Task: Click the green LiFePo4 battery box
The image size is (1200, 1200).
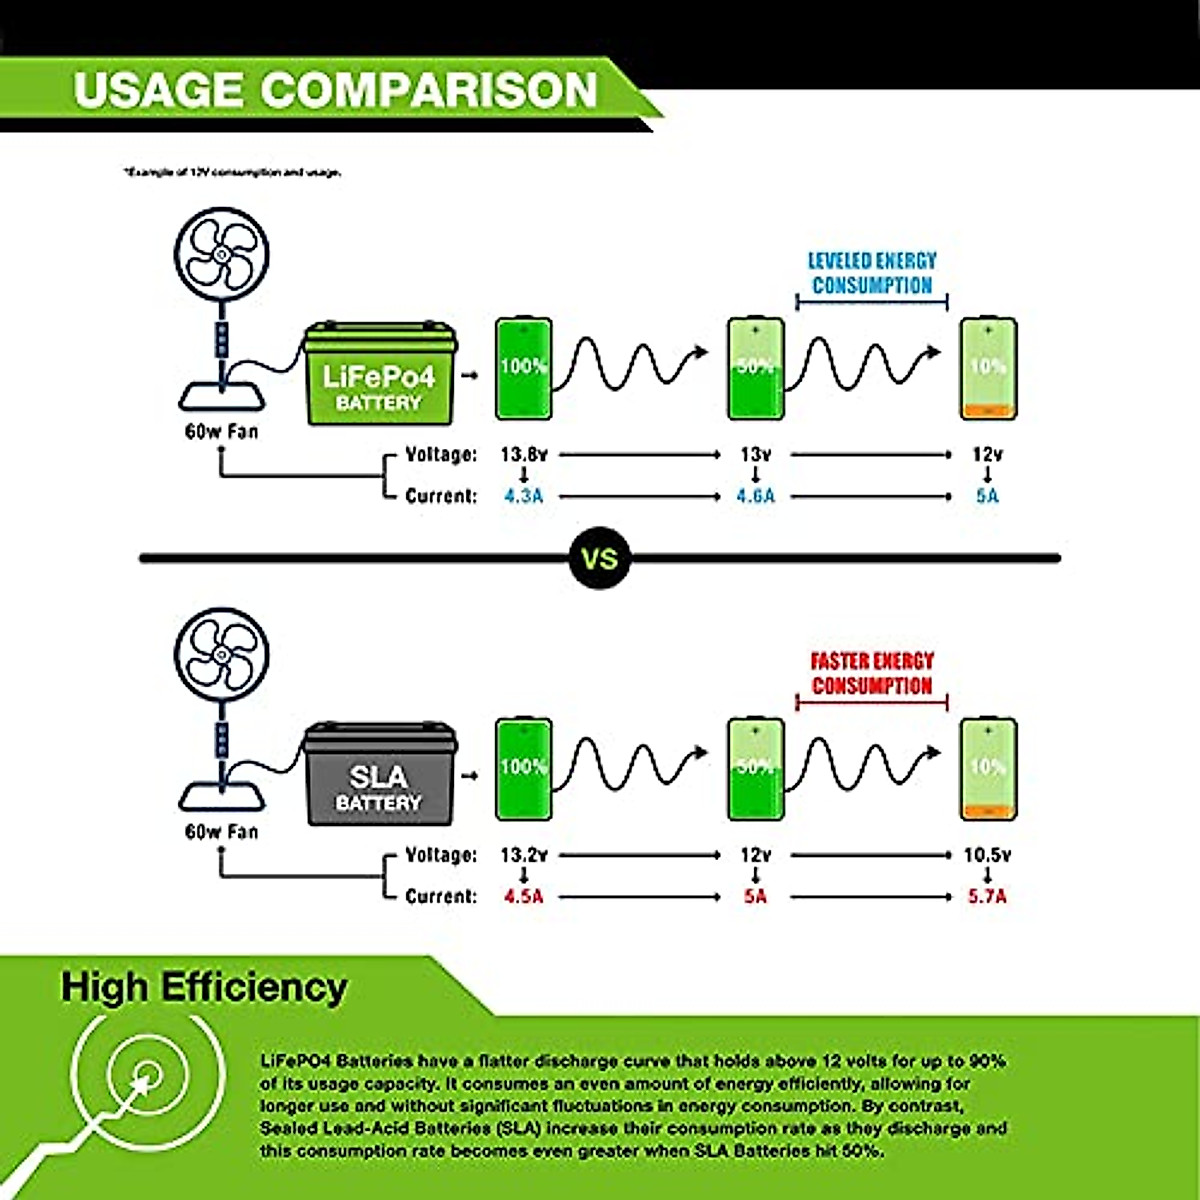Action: [379, 376]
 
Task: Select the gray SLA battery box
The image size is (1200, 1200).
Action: [379, 776]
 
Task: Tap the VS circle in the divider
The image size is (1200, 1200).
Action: [600, 558]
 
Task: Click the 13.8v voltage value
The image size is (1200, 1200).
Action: [524, 454]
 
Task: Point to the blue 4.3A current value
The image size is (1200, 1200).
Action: [524, 496]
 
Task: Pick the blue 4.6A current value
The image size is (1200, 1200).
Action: [756, 496]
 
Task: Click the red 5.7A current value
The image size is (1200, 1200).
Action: [987, 896]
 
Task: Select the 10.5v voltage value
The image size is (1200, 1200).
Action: [987, 855]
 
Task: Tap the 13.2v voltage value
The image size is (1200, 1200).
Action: [524, 855]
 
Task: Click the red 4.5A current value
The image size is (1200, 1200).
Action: [524, 896]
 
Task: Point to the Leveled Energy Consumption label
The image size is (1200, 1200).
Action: [872, 273]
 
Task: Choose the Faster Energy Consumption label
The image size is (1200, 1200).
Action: [872, 673]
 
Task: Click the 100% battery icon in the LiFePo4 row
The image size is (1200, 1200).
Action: [524, 368]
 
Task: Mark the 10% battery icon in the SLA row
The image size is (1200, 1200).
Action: [988, 768]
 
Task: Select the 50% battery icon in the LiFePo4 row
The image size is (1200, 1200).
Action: [756, 368]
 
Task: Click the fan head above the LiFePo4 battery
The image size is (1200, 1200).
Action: [222, 255]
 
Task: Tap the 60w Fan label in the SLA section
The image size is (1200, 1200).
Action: [221, 832]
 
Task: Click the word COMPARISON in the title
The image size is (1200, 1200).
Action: [429, 90]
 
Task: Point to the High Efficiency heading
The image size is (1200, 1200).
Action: [204, 987]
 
